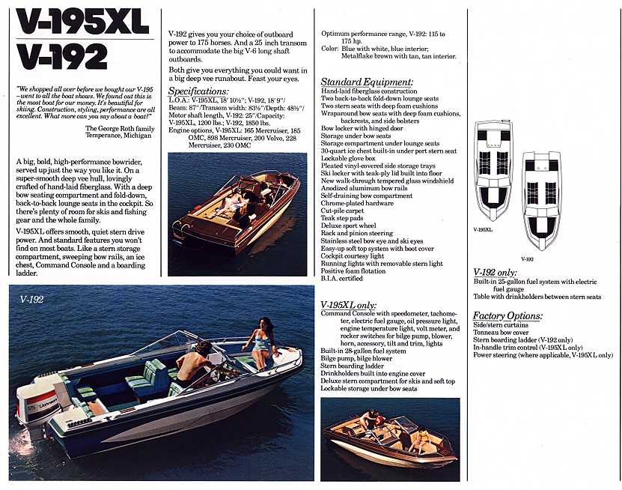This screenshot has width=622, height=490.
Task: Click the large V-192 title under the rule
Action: [x=62, y=56]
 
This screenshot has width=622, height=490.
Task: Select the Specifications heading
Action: [x=198, y=91]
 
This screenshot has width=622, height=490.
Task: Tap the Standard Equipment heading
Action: [x=367, y=82]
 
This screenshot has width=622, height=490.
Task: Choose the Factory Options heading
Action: [x=507, y=316]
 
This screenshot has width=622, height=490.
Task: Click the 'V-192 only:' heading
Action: [x=495, y=273]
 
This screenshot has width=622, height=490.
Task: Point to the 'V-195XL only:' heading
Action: [x=348, y=305]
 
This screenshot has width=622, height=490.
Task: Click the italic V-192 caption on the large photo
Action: [x=31, y=300]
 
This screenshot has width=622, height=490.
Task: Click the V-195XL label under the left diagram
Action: [x=483, y=229]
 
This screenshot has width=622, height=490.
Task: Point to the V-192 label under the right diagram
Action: [x=527, y=259]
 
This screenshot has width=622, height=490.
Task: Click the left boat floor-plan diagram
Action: [x=493, y=170]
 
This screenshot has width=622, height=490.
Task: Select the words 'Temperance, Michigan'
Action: [x=118, y=136]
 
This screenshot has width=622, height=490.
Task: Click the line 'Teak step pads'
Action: [x=342, y=218]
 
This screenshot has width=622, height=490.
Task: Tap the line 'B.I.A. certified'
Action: [x=341, y=279]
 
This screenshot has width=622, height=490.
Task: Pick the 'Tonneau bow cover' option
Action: [x=501, y=333]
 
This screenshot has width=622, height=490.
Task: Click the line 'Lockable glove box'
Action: [x=348, y=158]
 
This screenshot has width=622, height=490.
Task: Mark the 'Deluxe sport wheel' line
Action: [x=348, y=226]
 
